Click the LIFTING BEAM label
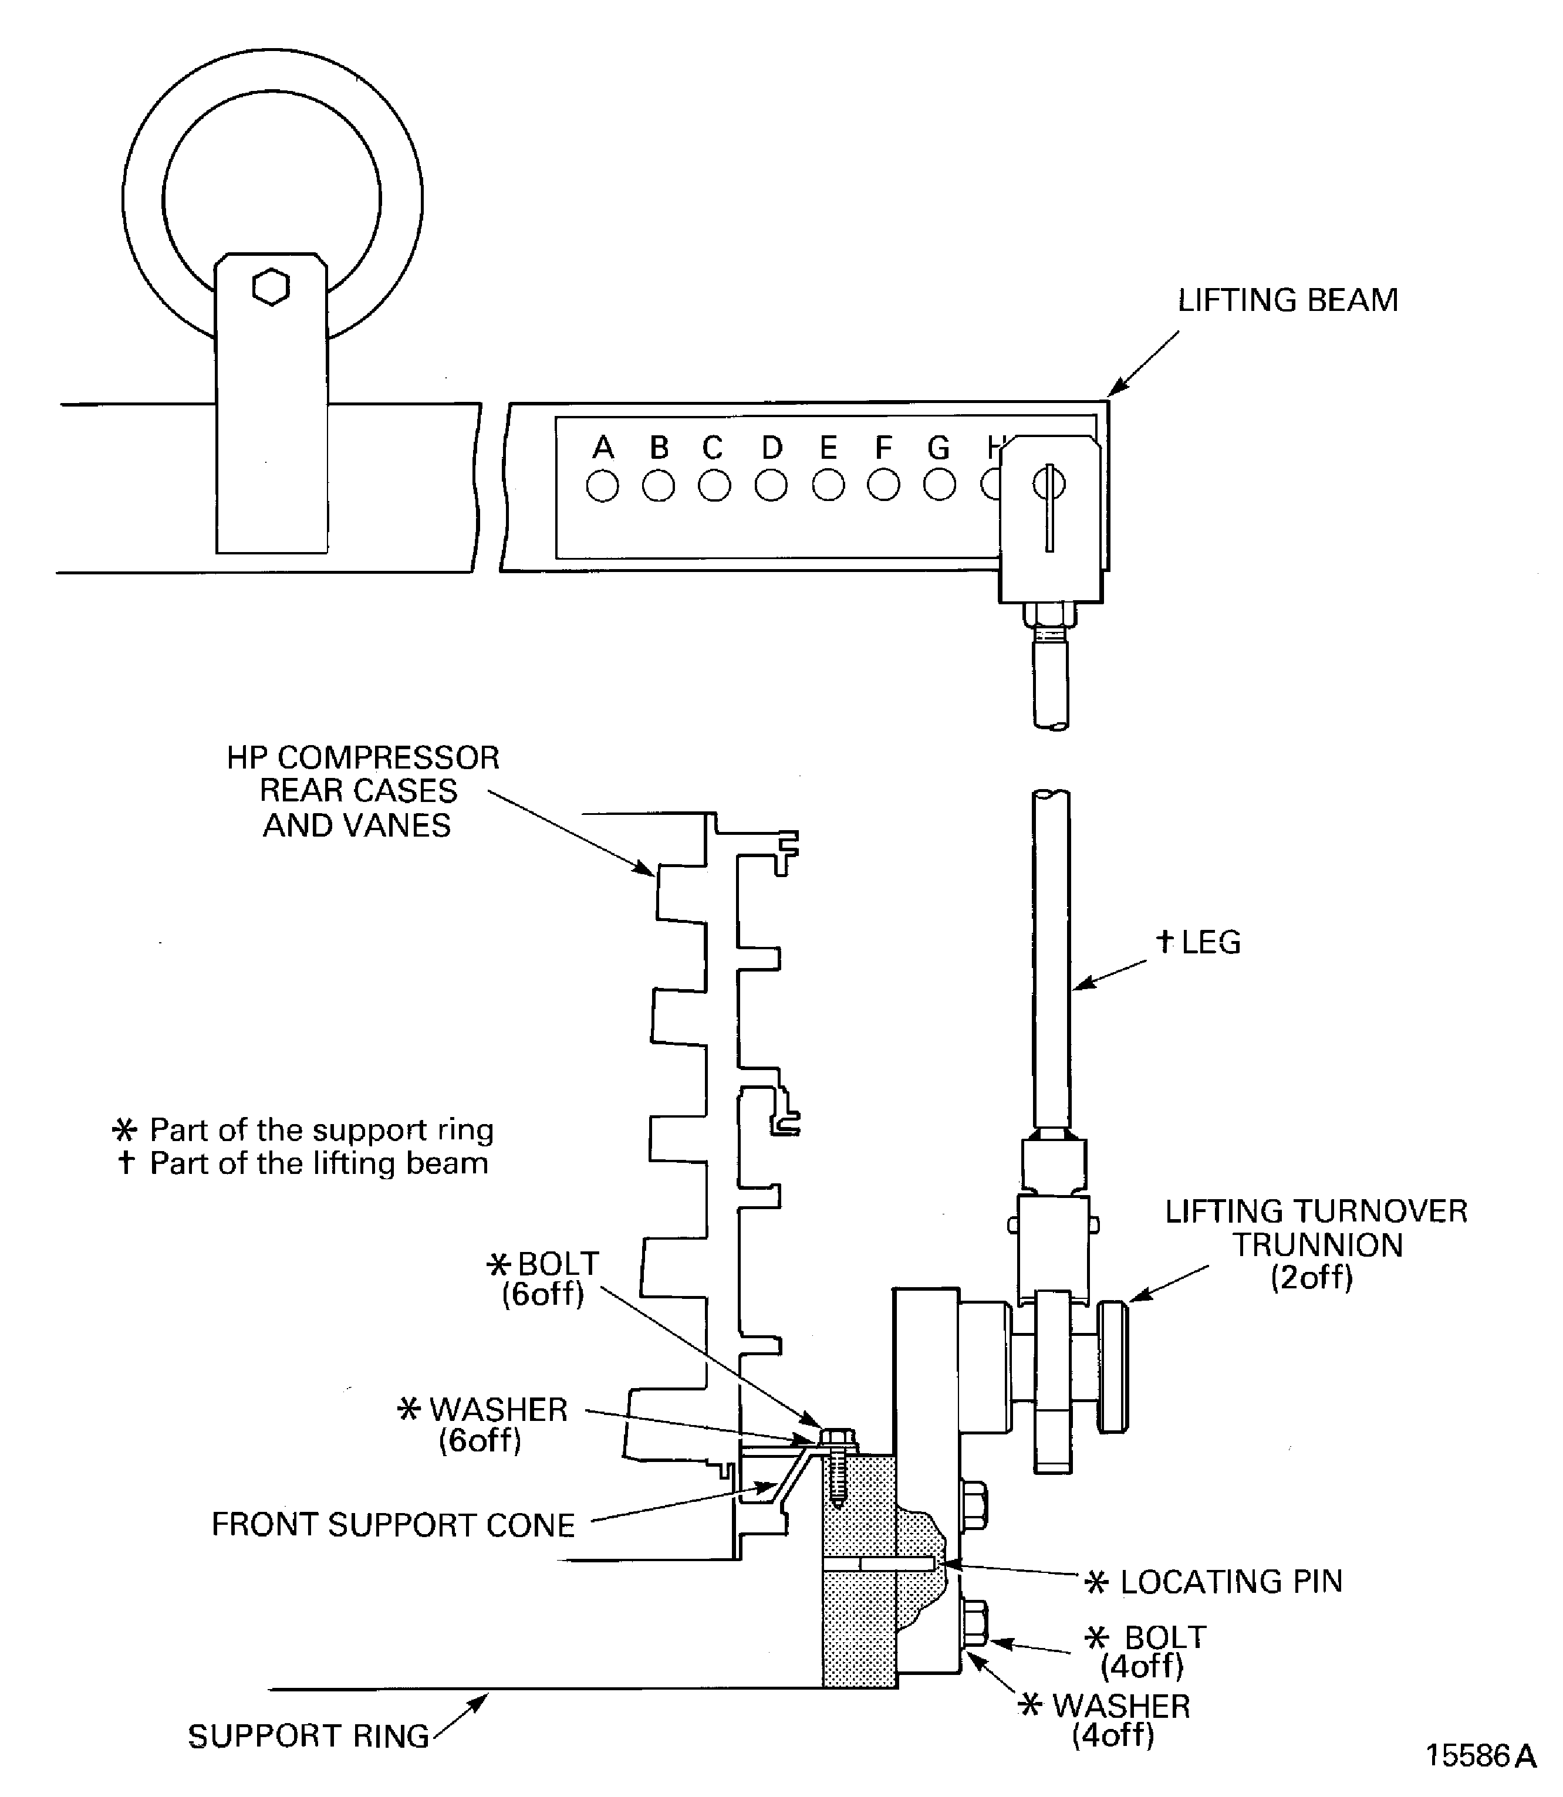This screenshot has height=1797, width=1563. (1287, 300)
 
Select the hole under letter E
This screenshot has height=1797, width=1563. (828, 486)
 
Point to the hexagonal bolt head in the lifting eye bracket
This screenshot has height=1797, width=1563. (271, 287)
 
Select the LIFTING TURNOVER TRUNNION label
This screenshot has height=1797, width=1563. (1316, 1244)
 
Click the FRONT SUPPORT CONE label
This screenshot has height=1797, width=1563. (393, 1525)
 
